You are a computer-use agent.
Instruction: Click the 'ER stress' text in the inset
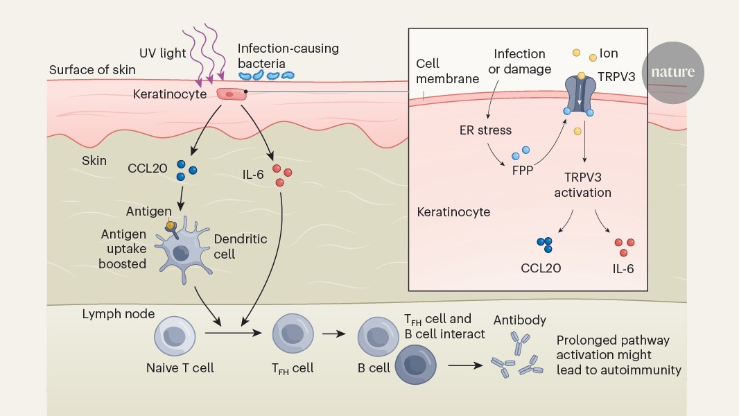pos(485,130)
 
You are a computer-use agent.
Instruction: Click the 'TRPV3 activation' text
pos(583,184)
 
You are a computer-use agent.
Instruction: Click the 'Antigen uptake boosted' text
pos(123,250)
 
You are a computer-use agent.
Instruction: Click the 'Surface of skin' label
pos(92,70)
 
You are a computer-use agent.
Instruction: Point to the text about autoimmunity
pos(618,355)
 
